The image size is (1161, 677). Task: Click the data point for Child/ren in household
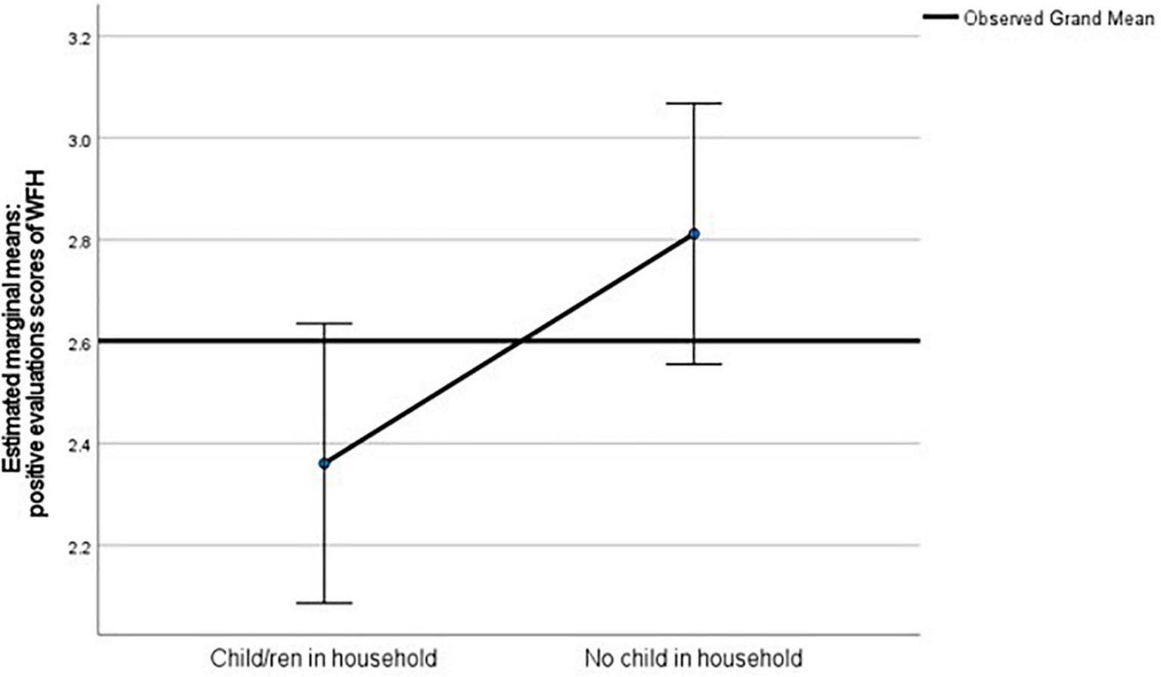coord(324,463)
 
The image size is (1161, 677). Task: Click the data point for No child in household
coord(694,234)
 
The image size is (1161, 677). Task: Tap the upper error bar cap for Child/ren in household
coord(324,323)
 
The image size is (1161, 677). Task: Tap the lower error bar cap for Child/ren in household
coord(324,603)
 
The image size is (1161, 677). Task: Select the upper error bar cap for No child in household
coord(694,103)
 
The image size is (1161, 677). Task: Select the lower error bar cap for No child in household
coord(694,364)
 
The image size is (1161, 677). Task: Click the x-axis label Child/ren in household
coord(324,657)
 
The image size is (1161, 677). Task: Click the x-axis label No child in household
coord(693,657)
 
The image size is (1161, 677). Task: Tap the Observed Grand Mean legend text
coord(1058,18)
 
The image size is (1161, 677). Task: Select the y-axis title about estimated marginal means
coord(29,344)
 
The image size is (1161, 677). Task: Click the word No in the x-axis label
coord(597,657)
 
